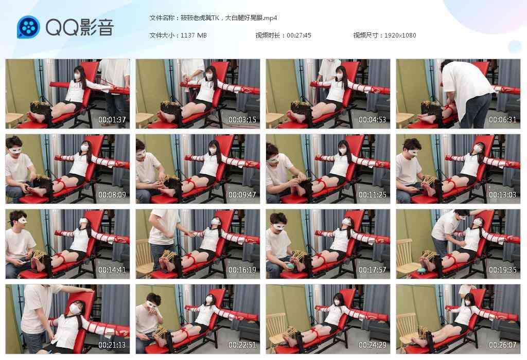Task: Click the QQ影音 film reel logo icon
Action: [x=28, y=27]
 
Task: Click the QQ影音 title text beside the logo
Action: [x=80, y=27]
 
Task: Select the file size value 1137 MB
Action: [x=194, y=35]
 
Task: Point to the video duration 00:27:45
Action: [x=299, y=35]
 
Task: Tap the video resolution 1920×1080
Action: [x=400, y=35]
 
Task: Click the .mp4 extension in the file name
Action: [x=270, y=18]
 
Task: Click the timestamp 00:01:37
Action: [x=112, y=119]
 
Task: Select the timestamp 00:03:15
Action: [x=242, y=119]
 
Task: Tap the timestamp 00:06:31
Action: [x=502, y=119]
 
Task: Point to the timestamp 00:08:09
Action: [x=112, y=195]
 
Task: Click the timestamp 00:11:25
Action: [x=373, y=195]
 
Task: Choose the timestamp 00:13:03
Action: [x=502, y=195]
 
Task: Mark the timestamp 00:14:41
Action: [x=112, y=270]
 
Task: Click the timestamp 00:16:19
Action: [x=242, y=270]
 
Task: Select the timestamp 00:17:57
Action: [x=373, y=270]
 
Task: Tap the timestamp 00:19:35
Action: [x=502, y=270]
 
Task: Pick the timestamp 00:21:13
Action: [x=112, y=345]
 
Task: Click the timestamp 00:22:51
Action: [x=242, y=345]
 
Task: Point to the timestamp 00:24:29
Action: [x=373, y=345]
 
